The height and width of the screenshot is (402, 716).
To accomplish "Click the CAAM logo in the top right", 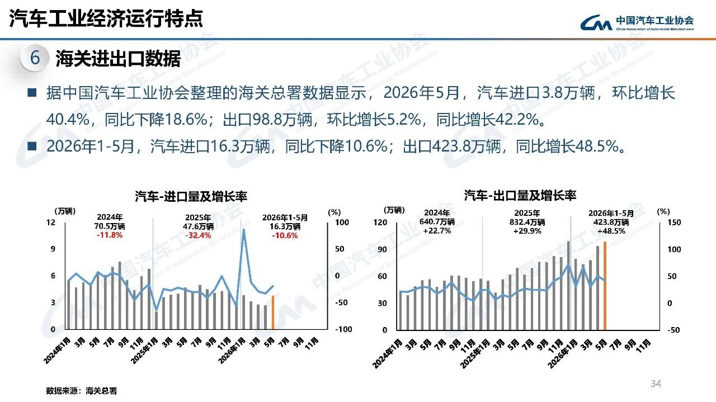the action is (x=637, y=23).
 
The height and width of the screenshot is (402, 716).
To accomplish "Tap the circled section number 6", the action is (x=35, y=58).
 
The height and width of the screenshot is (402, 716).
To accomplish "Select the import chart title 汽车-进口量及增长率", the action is (x=191, y=196).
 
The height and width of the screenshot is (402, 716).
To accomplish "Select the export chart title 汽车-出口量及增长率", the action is (x=520, y=195).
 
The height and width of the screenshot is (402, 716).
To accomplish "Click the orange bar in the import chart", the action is (x=272, y=313).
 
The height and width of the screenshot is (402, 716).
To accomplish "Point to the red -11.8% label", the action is (x=110, y=235).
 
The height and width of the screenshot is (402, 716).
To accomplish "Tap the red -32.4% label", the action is (x=198, y=235).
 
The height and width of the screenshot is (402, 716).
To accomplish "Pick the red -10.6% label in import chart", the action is (x=285, y=235).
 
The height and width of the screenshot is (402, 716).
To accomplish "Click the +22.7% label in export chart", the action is (x=437, y=231).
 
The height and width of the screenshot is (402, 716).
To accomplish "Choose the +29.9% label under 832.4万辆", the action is (x=527, y=231).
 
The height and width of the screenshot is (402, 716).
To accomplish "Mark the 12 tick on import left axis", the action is (x=51, y=223).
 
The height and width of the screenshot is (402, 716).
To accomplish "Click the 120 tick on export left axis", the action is (x=380, y=223).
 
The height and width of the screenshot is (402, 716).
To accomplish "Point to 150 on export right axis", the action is (x=674, y=223).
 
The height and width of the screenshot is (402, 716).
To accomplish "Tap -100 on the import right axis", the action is (x=343, y=329).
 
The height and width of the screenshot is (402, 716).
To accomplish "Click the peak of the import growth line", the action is (x=243, y=229).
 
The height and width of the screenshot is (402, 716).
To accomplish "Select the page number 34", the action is (x=656, y=384).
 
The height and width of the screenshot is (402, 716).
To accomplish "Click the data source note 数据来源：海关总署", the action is (x=82, y=390).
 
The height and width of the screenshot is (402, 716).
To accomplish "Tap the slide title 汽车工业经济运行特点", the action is (x=106, y=19).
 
